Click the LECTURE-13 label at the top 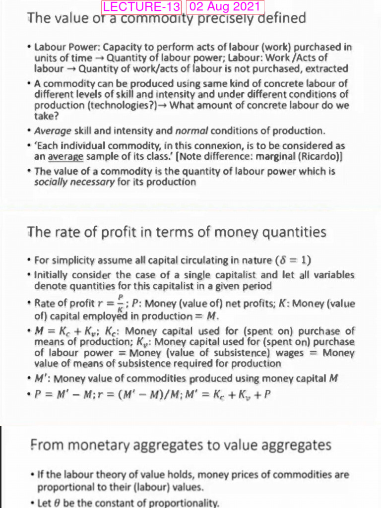point(142,7)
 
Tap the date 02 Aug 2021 point(225,7)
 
